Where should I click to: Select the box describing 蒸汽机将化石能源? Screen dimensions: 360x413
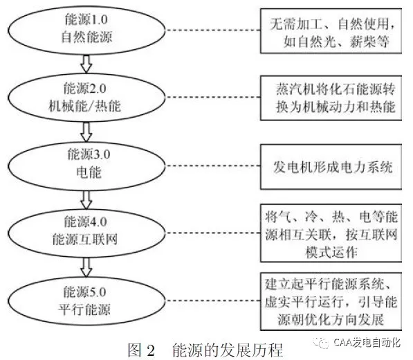(x=331, y=98)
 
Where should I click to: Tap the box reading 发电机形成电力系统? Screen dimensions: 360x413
(x=331, y=167)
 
